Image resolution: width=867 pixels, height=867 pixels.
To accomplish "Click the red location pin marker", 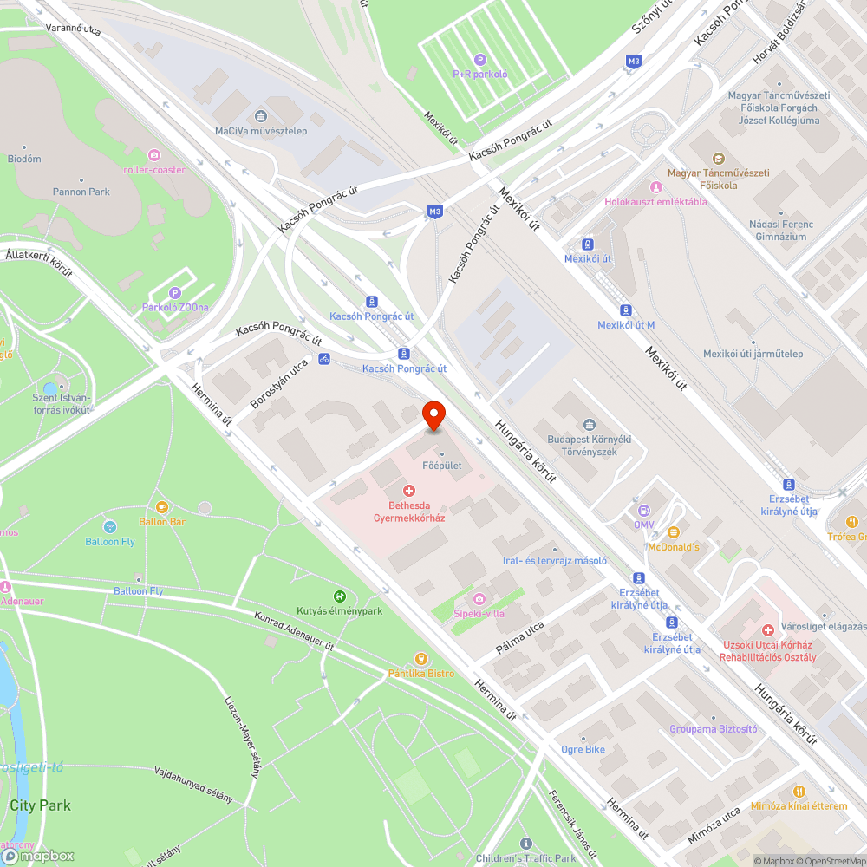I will click(x=433, y=415).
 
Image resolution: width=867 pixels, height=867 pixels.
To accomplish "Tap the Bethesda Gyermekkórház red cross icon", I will click(x=409, y=492).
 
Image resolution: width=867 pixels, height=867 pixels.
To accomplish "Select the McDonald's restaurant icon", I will click(x=673, y=532).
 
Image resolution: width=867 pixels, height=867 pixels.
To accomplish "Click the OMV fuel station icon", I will click(x=643, y=512).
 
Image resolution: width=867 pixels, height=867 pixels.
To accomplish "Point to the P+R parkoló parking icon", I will click(x=479, y=59).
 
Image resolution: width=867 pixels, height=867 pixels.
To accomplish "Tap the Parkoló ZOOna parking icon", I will click(x=175, y=293).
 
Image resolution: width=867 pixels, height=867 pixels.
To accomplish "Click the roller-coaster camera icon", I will click(x=154, y=155).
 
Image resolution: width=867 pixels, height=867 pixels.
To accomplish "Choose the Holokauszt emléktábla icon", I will click(x=655, y=187).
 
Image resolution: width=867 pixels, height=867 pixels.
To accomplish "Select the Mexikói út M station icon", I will click(x=625, y=310).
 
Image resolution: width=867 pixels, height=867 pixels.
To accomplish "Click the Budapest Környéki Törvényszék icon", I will click(x=590, y=424).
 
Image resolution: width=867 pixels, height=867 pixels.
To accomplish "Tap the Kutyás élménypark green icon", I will click(x=339, y=596).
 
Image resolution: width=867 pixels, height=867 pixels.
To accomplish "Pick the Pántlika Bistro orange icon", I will click(x=421, y=659).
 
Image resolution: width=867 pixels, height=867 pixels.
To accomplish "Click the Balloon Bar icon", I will click(x=162, y=507).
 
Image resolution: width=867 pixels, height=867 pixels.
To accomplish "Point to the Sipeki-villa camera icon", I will click(x=479, y=599).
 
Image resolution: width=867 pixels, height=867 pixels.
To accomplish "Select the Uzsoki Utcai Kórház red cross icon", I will click(x=767, y=630).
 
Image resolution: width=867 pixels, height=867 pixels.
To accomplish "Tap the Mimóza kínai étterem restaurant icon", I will click(x=799, y=792).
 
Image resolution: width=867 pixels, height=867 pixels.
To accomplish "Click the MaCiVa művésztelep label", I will click(x=260, y=131).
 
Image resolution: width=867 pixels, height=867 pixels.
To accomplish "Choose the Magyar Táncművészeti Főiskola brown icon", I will click(x=718, y=159).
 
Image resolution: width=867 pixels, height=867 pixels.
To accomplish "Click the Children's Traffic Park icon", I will click(x=525, y=844).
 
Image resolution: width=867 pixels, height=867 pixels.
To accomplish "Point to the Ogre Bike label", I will click(x=583, y=749).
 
